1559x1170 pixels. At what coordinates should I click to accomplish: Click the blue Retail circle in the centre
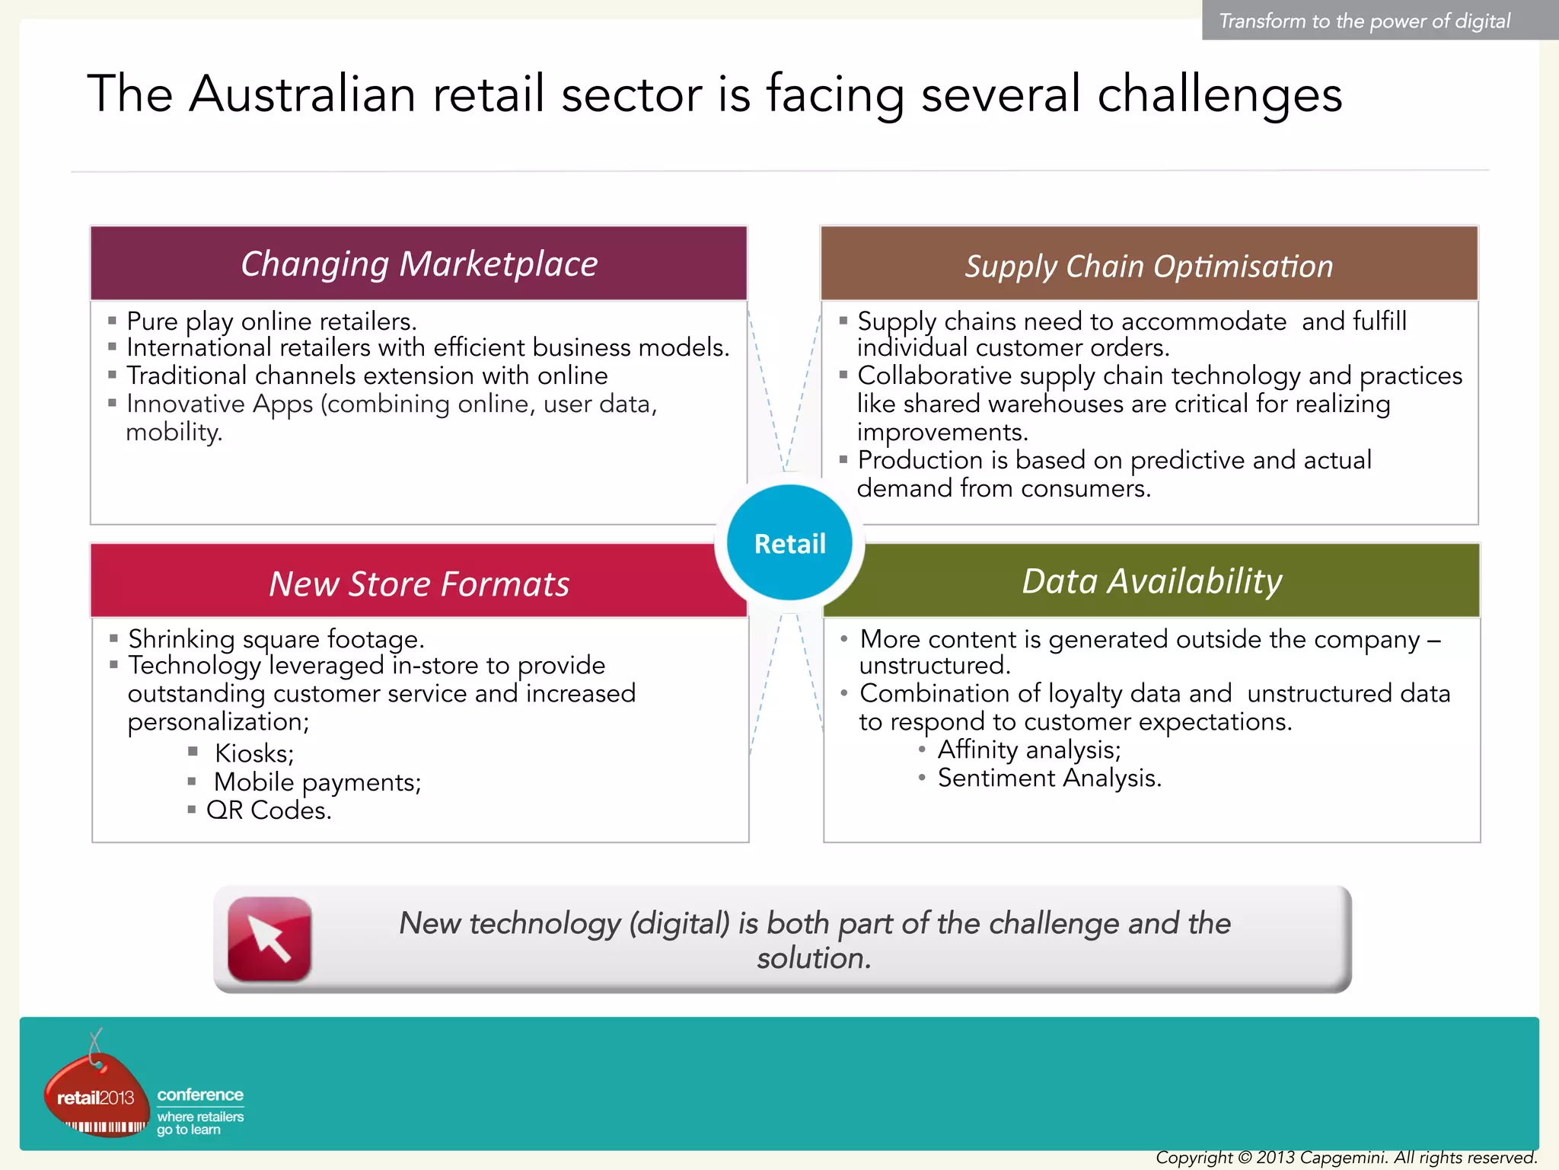[x=789, y=543]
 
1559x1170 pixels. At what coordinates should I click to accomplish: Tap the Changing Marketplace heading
[x=419, y=264]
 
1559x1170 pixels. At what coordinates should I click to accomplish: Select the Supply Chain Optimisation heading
[x=1149, y=267]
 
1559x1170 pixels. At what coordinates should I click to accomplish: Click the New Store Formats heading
[x=419, y=584]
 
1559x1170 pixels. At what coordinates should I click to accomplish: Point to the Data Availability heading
[x=1152, y=581]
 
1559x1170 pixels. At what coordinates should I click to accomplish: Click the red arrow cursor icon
[x=269, y=938]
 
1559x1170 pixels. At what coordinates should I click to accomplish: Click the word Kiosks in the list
[x=253, y=753]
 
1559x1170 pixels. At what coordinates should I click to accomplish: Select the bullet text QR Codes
[x=269, y=810]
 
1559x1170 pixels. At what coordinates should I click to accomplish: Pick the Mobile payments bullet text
[x=317, y=782]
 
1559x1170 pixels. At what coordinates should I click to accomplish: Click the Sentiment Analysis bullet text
[x=1049, y=778]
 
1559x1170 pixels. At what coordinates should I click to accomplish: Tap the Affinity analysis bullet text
[x=1029, y=750]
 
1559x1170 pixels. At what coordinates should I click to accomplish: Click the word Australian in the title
[x=302, y=94]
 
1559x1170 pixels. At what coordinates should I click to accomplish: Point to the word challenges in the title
[x=1219, y=94]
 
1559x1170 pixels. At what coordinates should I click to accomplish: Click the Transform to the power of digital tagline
[x=1364, y=21]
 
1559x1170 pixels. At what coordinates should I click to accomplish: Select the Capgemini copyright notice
[x=1346, y=1158]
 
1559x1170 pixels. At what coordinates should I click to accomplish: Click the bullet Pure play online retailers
[x=271, y=321]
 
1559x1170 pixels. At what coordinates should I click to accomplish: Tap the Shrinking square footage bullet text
[x=276, y=638]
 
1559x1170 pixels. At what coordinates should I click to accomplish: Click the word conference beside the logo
[x=200, y=1095]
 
